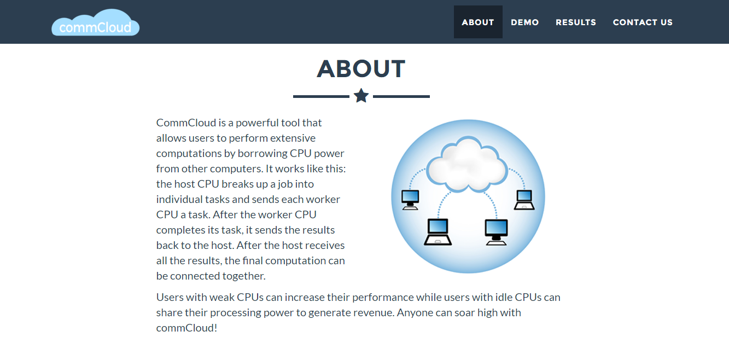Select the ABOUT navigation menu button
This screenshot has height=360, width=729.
478,22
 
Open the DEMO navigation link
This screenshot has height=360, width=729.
525,22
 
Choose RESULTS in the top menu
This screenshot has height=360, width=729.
576,22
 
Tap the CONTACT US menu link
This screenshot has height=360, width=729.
643,22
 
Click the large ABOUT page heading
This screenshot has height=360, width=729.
361,69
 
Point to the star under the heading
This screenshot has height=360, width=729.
361,96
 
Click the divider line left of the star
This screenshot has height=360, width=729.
321,96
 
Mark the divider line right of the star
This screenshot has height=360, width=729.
401,96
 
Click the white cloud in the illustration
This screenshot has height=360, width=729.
466,164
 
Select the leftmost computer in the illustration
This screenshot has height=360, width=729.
410,200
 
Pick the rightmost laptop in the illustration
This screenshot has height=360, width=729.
524,200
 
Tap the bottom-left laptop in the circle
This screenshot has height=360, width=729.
438,232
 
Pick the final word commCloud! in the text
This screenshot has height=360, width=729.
186,328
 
